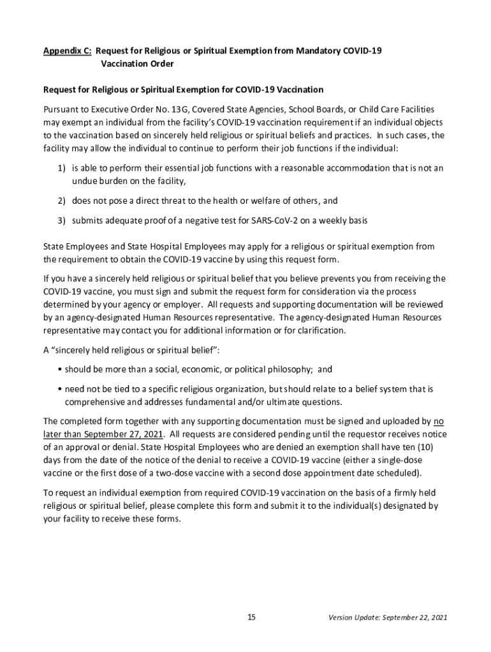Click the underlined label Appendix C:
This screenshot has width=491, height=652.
pos(67,50)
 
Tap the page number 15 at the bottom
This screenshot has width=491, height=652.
pos(251,618)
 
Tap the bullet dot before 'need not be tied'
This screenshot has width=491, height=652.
pos(59,388)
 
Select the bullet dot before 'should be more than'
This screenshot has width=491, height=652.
pos(59,369)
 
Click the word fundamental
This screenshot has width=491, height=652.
pos(216,402)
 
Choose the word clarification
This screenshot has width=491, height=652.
pos(324,330)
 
